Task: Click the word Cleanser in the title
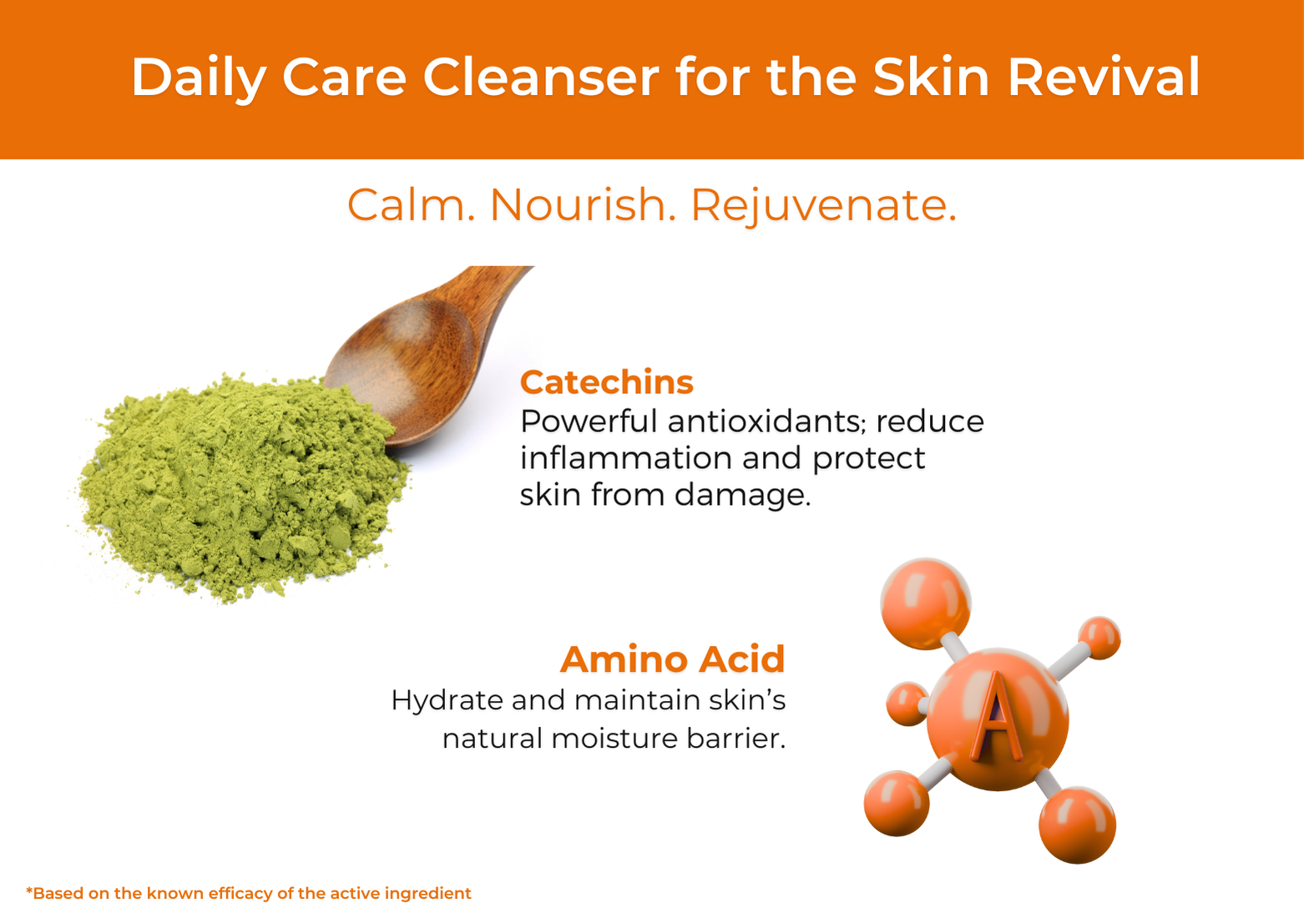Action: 541,77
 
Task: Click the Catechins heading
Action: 607,382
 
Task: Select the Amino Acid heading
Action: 672,659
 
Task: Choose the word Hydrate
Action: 447,701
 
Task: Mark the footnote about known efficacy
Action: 249,893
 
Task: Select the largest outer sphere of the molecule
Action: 926,603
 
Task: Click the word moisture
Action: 614,739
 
